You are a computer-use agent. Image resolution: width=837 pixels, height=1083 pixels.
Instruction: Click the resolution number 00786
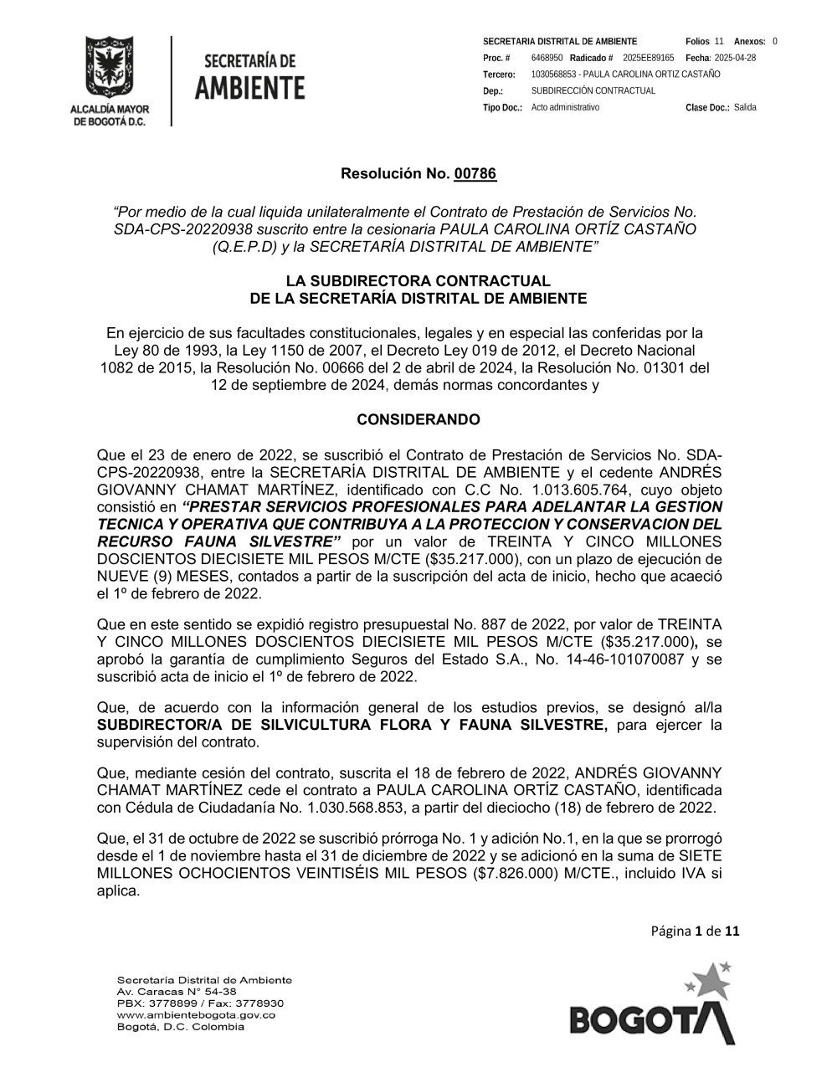click(475, 174)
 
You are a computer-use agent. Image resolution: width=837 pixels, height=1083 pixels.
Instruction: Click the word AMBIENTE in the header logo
click(250, 87)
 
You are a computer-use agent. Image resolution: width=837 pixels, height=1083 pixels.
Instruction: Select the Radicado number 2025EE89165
click(649, 58)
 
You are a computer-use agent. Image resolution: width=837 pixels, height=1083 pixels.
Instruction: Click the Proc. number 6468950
click(547, 58)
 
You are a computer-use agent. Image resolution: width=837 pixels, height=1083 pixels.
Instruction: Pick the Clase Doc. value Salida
click(745, 107)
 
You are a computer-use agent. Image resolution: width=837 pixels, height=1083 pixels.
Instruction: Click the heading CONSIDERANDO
click(418, 419)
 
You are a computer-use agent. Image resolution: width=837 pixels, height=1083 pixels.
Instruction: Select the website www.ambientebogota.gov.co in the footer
click(196, 1014)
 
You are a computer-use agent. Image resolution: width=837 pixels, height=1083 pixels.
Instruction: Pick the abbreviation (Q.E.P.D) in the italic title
click(250, 246)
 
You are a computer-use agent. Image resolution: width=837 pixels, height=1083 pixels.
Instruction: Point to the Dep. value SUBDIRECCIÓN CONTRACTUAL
click(593, 90)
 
